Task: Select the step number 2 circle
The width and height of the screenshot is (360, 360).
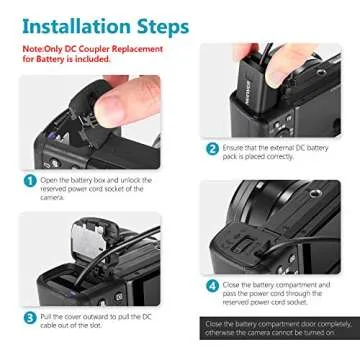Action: click(213, 148)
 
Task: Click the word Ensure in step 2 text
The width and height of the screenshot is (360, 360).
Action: click(238, 145)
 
